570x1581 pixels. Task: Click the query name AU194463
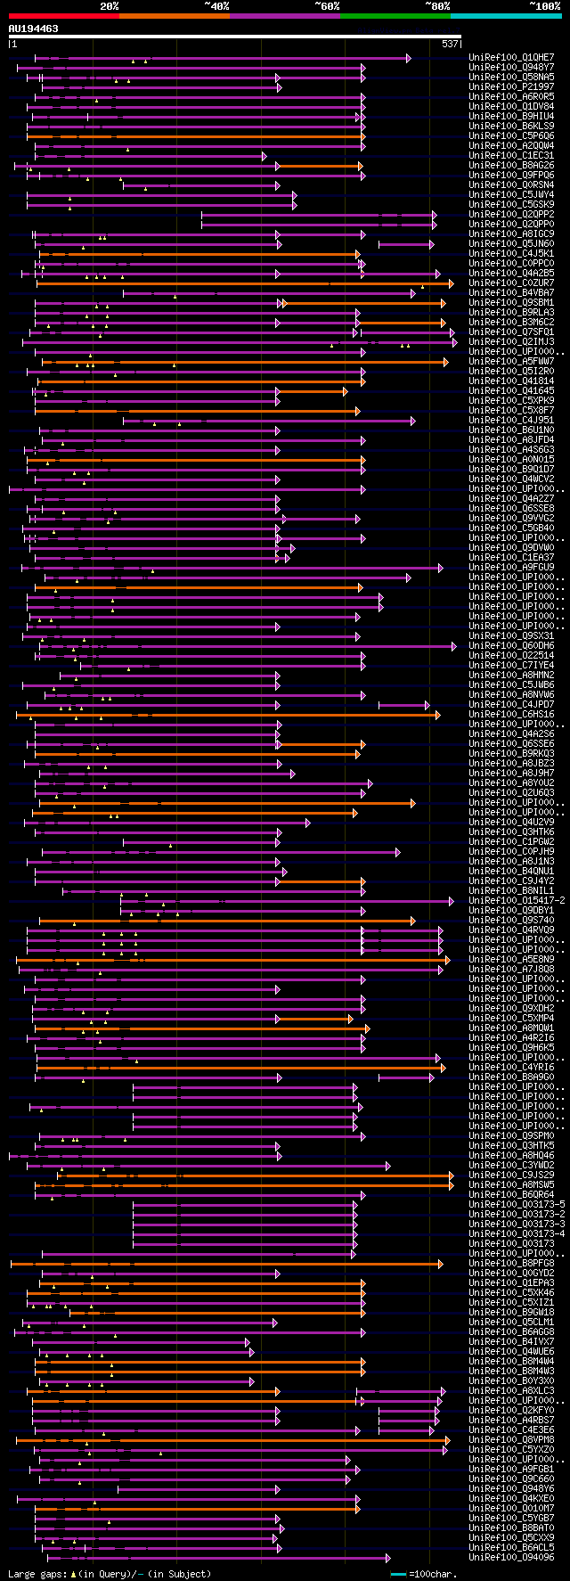tap(34, 29)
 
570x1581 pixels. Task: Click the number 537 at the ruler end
tap(450, 44)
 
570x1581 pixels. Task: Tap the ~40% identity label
tap(216, 5)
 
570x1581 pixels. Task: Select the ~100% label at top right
tap(544, 5)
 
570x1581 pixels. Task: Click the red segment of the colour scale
tap(62, 15)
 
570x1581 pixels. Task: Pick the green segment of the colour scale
tap(395, 15)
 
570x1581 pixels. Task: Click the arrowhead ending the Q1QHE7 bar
tap(408, 58)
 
